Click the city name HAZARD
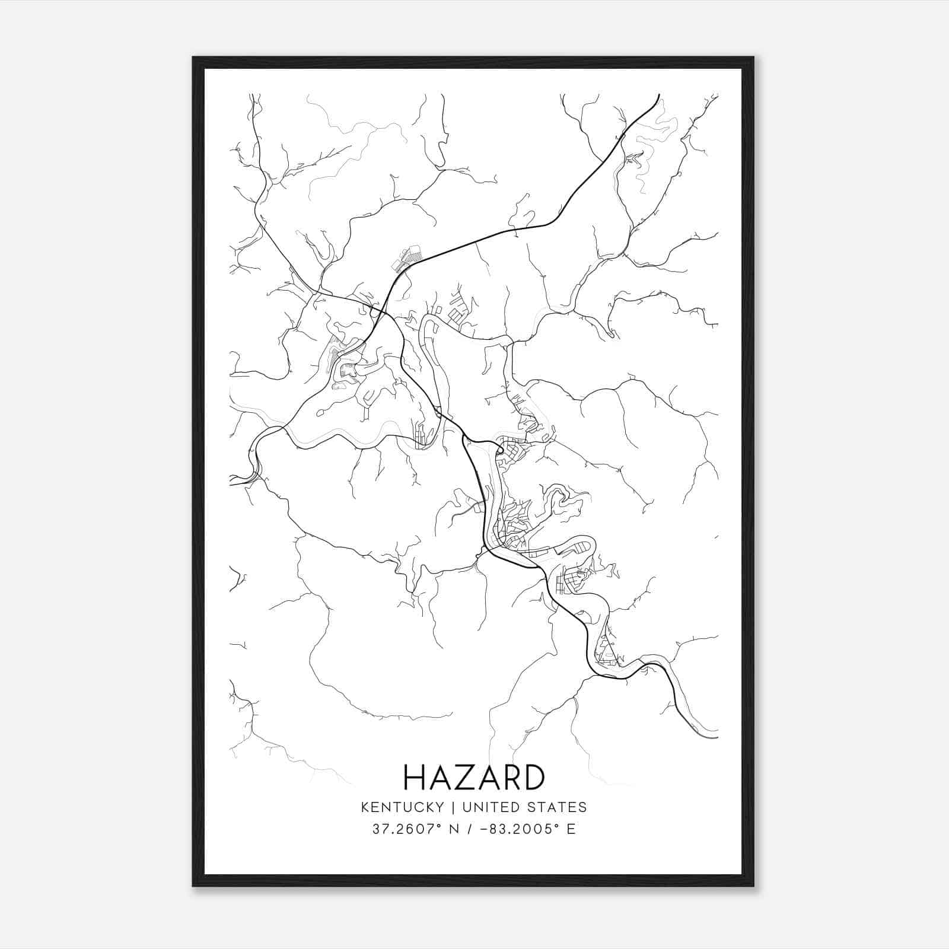pos(473,777)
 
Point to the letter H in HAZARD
pos(413,777)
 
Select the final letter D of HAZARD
pos(533,777)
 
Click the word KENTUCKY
pos(401,807)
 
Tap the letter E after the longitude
pos(571,829)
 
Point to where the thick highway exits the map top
pos(659,95)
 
